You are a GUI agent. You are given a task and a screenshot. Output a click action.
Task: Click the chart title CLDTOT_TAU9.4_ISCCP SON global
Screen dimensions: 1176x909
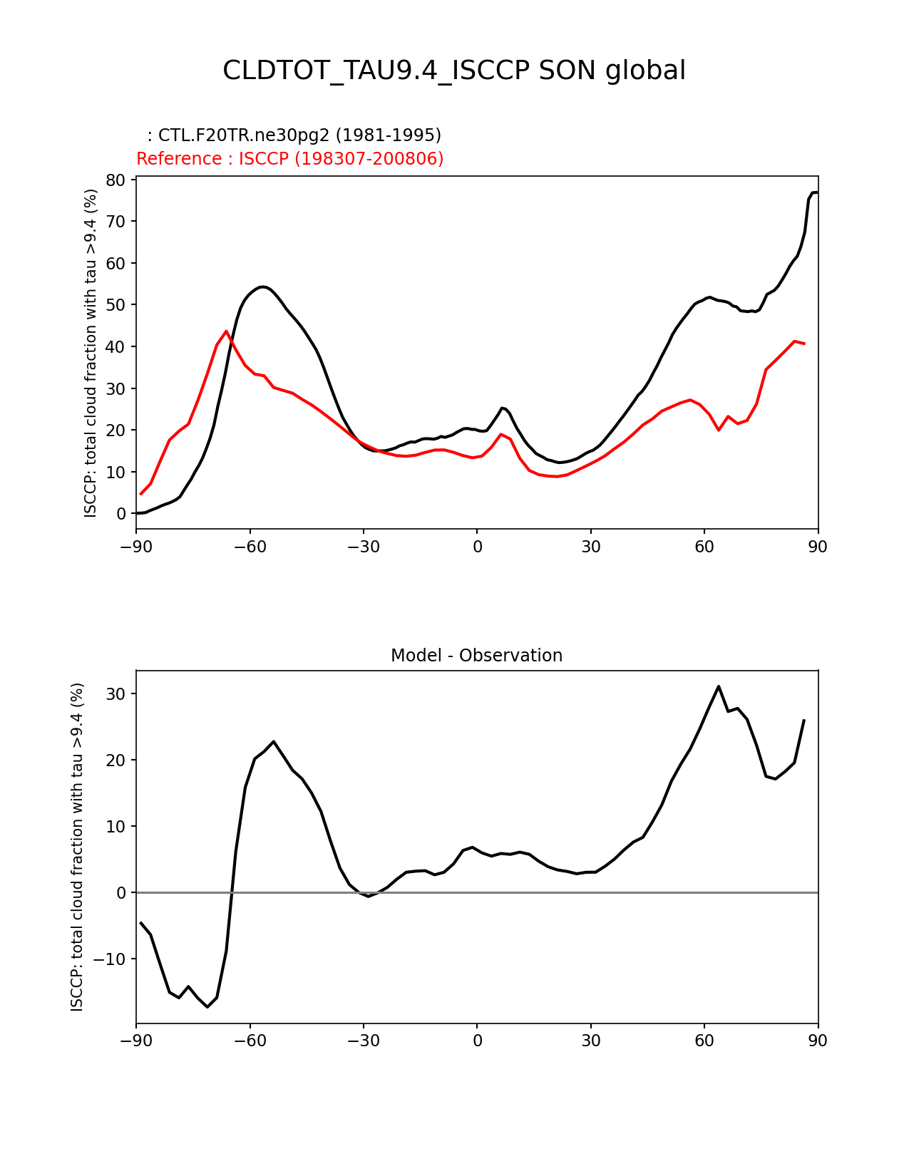click(x=454, y=71)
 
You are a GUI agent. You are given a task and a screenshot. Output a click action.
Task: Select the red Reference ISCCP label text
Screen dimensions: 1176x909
click(x=290, y=159)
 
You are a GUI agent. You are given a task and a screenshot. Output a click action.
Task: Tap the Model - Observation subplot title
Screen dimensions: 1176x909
click(x=476, y=656)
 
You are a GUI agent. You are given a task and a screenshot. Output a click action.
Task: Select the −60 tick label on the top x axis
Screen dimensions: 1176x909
click(x=250, y=547)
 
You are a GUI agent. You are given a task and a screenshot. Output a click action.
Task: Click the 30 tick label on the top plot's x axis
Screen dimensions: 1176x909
click(x=590, y=547)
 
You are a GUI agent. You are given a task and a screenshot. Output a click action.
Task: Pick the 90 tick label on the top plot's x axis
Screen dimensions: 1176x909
click(x=818, y=547)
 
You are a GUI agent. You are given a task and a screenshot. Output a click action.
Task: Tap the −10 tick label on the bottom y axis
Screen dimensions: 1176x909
click(x=111, y=959)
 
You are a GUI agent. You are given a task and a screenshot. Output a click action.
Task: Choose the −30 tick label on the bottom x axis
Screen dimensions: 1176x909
click(x=363, y=1041)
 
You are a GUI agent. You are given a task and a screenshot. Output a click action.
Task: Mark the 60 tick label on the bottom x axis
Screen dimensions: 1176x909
click(x=704, y=1041)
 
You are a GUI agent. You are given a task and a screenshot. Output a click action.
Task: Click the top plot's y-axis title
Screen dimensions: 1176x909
click(x=91, y=353)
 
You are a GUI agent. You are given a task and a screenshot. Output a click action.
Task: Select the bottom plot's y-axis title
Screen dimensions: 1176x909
click(x=77, y=847)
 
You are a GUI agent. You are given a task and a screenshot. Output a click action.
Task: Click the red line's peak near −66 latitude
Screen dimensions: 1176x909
click(x=227, y=331)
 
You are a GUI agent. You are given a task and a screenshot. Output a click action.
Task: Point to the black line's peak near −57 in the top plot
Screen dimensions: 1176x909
click(x=262, y=287)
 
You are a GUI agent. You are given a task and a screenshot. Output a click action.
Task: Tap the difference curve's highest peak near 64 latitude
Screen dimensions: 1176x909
click(x=719, y=686)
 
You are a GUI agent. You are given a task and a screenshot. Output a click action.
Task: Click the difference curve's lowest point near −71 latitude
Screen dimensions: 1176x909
click(x=207, y=1007)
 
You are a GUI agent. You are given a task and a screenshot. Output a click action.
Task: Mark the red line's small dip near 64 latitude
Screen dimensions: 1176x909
click(x=719, y=430)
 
